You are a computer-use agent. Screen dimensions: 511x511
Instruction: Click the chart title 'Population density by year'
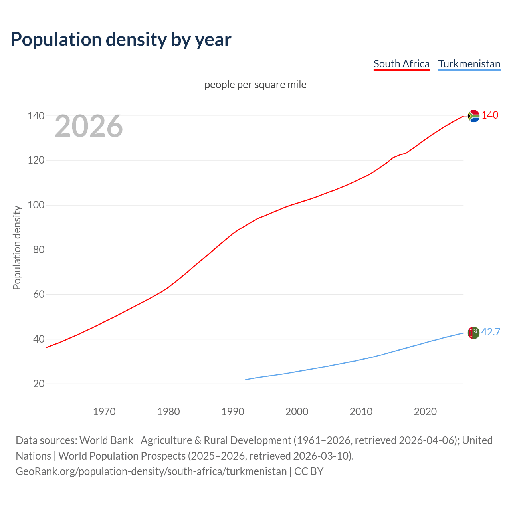(x=121, y=39)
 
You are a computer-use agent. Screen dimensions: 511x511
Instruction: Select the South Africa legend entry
(x=401, y=64)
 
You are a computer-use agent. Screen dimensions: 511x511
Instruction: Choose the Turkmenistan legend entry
(x=469, y=64)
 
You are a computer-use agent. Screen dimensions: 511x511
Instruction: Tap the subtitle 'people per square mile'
(x=255, y=85)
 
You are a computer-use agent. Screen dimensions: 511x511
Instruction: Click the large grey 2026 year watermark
(x=89, y=126)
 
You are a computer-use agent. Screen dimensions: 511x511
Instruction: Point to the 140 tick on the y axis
(x=36, y=116)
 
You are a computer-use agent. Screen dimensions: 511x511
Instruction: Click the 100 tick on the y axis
(x=36, y=205)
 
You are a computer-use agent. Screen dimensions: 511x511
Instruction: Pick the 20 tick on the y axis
(x=38, y=384)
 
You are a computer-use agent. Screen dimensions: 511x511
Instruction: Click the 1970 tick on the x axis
(x=104, y=412)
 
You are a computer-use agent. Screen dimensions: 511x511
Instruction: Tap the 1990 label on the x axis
(x=233, y=412)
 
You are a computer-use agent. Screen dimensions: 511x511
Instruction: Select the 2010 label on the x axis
(x=361, y=412)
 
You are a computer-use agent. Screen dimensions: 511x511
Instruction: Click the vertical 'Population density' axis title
(x=17, y=248)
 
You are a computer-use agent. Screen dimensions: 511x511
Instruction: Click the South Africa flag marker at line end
(x=473, y=116)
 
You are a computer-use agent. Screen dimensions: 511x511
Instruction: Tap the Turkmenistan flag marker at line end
(x=473, y=333)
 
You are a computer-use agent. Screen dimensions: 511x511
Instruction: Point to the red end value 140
(x=490, y=115)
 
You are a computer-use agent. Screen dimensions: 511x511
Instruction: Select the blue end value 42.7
(x=491, y=332)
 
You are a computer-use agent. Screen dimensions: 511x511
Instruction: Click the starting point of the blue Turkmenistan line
(x=246, y=380)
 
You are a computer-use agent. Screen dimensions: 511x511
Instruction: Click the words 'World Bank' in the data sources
(x=106, y=440)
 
